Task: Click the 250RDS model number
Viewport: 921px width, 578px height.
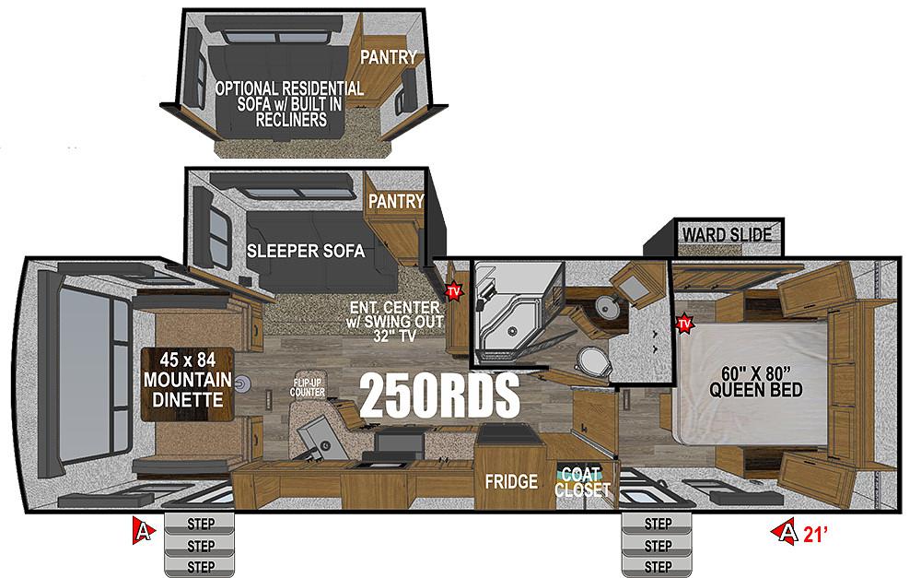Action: (x=439, y=395)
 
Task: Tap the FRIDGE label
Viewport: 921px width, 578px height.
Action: (x=511, y=481)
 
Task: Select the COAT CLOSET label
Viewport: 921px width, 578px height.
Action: (x=582, y=481)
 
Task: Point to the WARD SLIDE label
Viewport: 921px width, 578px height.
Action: (x=728, y=235)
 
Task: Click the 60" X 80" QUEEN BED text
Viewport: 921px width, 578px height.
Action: (x=756, y=382)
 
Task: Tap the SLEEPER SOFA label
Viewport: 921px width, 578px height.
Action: (x=306, y=251)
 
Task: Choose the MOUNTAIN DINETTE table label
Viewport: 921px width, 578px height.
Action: (x=187, y=380)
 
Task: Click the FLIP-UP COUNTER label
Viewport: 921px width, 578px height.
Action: (x=308, y=388)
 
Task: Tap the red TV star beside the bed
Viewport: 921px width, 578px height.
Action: (x=684, y=324)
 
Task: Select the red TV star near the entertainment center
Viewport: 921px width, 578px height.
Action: (x=453, y=291)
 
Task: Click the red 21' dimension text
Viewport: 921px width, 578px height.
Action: (x=816, y=534)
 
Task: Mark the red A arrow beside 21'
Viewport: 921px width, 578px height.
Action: (x=786, y=532)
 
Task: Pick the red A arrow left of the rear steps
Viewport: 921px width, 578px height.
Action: (x=144, y=531)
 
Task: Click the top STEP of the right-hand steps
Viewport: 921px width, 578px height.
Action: (x=658, y=524)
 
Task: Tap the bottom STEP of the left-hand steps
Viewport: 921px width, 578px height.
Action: (x=200, y=567)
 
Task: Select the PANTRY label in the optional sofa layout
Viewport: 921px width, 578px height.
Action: (x=389, y=57)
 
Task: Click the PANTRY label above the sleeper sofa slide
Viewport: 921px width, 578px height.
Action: (x=396, y=201)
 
